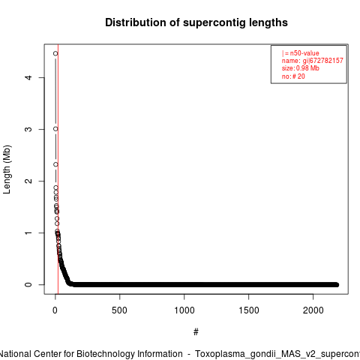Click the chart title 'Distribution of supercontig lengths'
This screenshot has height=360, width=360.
(196, 22)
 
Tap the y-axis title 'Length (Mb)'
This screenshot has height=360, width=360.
(7, 169)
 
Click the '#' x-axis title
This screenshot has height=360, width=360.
(196, 332)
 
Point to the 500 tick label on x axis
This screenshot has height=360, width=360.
(119, 310)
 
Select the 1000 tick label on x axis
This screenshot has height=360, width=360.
(184, 310)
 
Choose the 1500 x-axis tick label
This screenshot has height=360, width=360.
(249, 310)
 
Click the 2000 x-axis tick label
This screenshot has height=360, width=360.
(313, 310)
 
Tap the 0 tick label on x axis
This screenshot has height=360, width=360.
(55, 310)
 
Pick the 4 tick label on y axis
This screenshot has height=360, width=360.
(29, 77)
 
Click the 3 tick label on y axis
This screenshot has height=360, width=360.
(29, 129)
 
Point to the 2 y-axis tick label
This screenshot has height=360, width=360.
(29, 181)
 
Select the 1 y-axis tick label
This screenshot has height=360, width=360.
(29, 232)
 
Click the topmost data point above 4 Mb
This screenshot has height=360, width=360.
(55, 53)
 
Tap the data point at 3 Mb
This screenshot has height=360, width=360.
(55, 129)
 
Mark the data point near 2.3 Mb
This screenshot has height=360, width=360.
(55, 164)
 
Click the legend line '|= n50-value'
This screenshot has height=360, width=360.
(301, 53)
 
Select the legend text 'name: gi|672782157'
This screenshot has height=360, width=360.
(313, 61)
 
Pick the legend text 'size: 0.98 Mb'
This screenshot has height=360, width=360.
(301, 68)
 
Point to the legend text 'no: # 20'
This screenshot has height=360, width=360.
(293, 76)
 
